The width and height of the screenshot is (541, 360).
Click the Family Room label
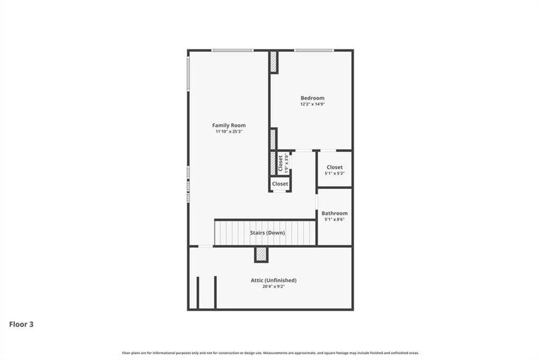229,125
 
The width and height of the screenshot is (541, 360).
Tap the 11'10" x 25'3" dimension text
229,132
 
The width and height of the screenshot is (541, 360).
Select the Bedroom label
312,98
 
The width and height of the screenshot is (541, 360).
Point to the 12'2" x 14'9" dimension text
312,104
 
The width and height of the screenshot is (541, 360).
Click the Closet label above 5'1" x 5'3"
334,167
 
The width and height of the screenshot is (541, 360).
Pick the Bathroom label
334,213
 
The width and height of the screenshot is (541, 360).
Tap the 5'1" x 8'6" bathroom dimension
334,220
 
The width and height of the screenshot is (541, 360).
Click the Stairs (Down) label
267,233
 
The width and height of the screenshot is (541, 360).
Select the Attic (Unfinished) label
273,280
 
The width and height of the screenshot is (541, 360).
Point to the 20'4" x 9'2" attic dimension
273,287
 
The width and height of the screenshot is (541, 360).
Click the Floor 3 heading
21,324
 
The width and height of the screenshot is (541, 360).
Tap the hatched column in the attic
261,254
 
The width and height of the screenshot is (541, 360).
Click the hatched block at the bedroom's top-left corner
273,62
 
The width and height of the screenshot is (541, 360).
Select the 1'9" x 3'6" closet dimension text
286,163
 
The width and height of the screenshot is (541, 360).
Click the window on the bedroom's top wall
313,50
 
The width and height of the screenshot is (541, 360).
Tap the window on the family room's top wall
232,50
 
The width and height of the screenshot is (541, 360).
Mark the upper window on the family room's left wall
189,74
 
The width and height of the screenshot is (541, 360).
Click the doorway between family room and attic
205,246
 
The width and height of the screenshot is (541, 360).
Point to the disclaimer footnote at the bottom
270,353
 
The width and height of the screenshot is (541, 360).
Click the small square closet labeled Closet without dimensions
280,184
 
